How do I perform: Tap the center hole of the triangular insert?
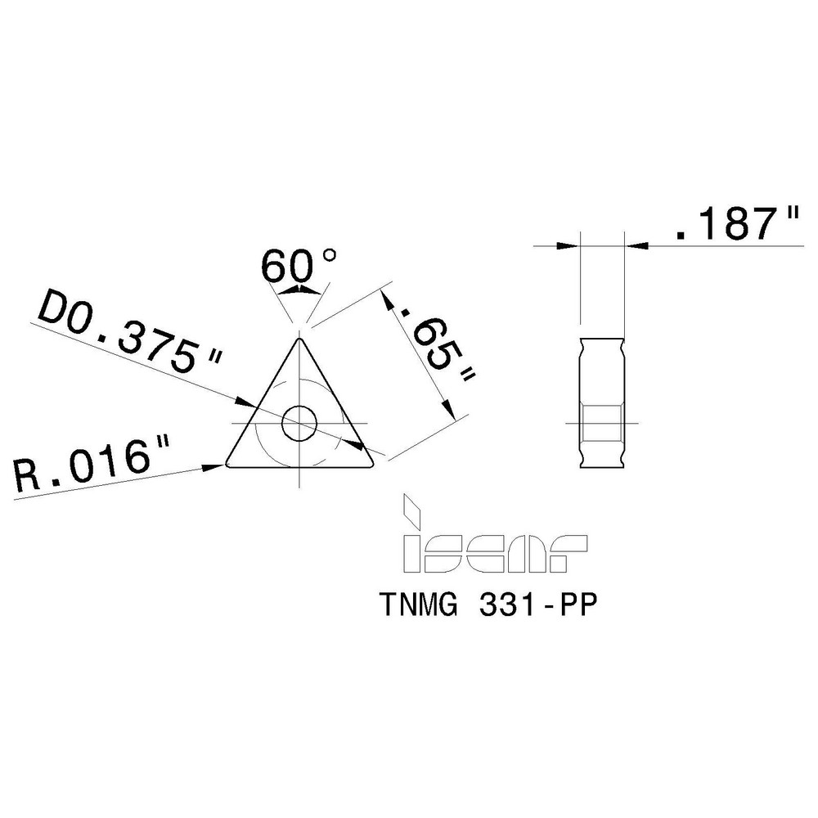point(299,424)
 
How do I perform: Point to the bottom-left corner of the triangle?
point(230,465)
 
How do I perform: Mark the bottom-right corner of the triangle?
point(371,465)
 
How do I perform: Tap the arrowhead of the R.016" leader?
point(217,465)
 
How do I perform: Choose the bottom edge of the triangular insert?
point(299,468)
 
